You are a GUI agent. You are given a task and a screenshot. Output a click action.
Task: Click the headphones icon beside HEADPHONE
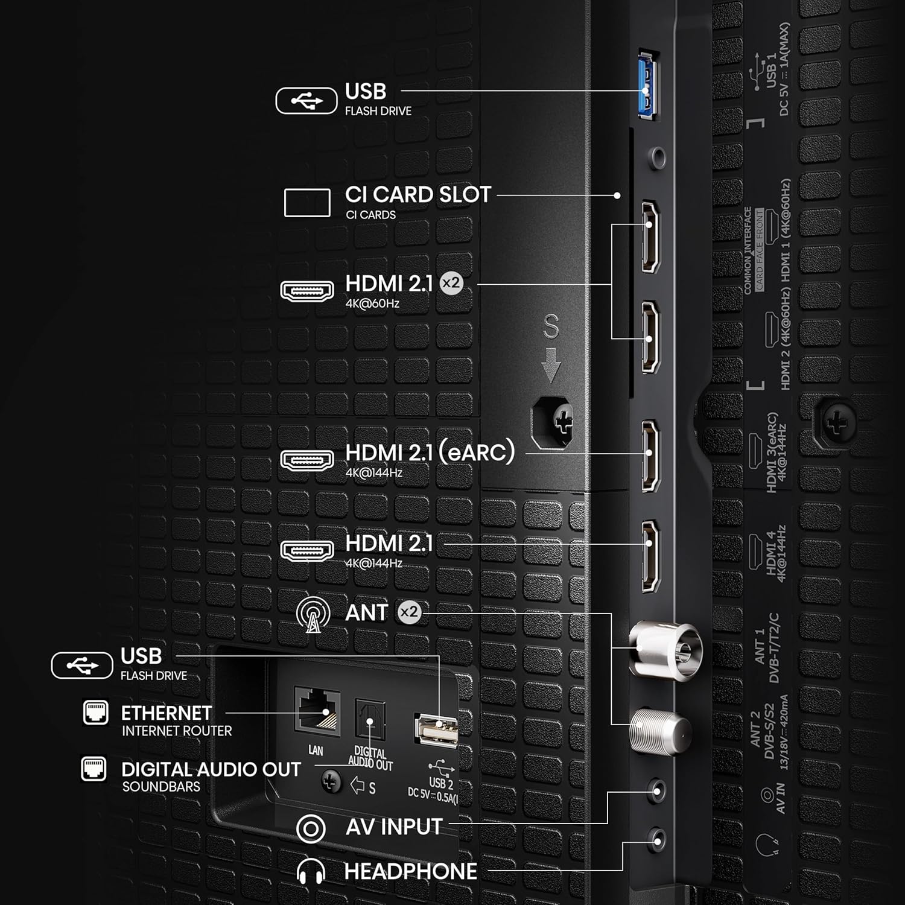click(x=311, y=872)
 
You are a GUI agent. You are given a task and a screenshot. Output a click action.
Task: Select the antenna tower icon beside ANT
click(x=313, y=614)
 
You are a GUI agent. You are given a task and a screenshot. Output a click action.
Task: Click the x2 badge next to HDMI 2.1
click(x=451, y=283)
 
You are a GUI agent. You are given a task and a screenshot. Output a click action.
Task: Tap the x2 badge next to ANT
click(x=409, y=612)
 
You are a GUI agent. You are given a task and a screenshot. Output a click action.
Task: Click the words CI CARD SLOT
click(x=418, y=195)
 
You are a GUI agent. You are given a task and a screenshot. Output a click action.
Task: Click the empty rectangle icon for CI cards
click(x=307, y=203)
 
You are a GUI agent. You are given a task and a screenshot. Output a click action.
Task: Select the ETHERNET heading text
click(x=167, y=713)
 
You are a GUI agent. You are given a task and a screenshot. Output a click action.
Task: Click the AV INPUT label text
click(x=394, y=827)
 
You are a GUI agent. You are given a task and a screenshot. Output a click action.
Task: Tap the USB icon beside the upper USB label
click(x=306, y=101)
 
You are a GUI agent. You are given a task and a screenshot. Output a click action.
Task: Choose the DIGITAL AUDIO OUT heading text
click(x=211, y=769)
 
